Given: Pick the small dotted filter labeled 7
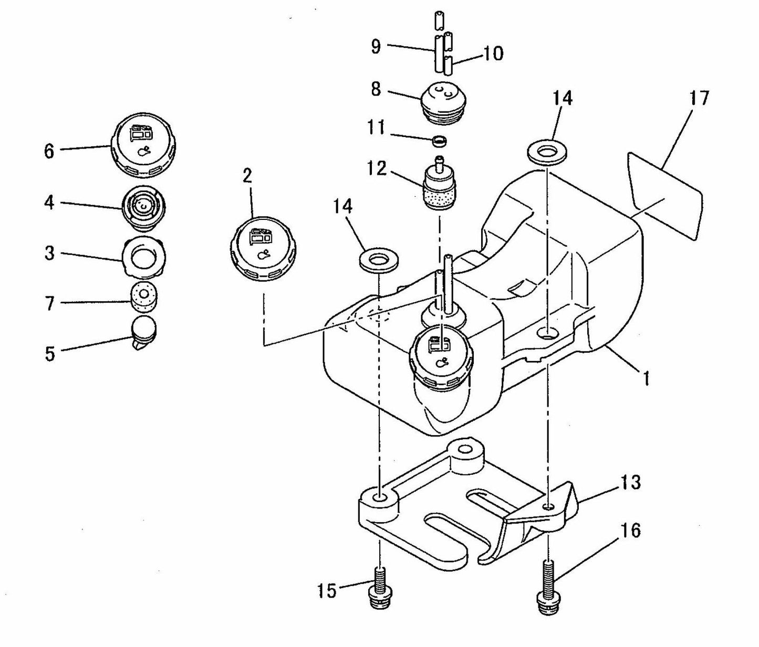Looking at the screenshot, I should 143,299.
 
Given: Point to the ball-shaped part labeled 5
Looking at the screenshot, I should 143,331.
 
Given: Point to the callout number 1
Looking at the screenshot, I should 646,377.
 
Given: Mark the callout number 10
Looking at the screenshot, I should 492,53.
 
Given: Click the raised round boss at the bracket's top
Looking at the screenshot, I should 464,451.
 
